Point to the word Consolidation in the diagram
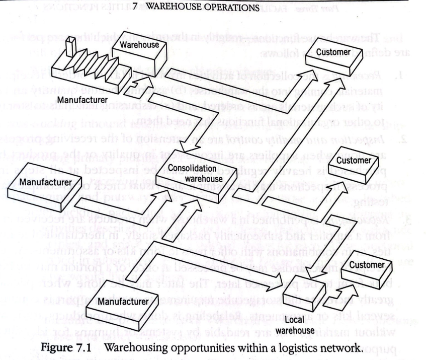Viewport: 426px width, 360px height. (x=185, y=168)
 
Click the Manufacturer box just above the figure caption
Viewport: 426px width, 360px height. (x=122, y=304)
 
